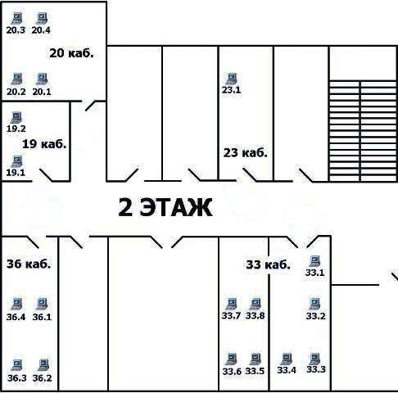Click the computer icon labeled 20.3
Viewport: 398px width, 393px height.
point(16,19)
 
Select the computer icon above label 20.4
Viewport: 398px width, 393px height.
point(42,19)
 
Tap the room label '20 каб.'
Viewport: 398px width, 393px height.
point(71,53)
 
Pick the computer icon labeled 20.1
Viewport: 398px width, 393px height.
point(42,79)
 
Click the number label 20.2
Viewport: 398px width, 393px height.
point(16,92)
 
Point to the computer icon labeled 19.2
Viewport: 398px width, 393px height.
point(16,118)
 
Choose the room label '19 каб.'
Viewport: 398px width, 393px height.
point(44,144)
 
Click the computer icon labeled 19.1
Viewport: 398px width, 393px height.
point(16,161)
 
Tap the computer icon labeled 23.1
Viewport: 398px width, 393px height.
point(232,79)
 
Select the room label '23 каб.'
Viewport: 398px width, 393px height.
point(245,153)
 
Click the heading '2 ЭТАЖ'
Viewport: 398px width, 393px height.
point(165,207)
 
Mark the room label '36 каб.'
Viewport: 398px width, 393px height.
point(29,264)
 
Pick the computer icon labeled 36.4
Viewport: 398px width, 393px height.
point(17,305)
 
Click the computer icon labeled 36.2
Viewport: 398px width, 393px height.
point(43,365)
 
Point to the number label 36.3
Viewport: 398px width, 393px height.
point(17,378)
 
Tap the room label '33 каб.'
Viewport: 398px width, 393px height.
point(268,264)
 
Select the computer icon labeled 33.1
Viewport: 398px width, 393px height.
point(314,261)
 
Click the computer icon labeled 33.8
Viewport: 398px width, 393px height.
point(256,304)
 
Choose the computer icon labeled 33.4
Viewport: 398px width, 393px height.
point(287,359)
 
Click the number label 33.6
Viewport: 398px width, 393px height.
point(232,372)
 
